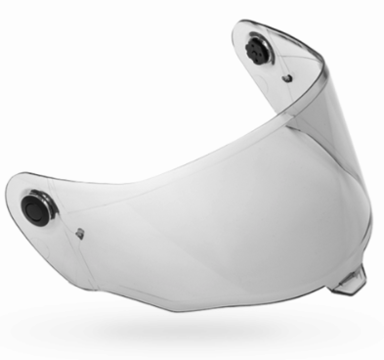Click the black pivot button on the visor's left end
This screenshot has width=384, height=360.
click(35, 207)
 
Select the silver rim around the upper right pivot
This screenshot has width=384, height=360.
click(251, 42)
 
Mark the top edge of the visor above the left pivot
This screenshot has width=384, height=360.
click(39, 176)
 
